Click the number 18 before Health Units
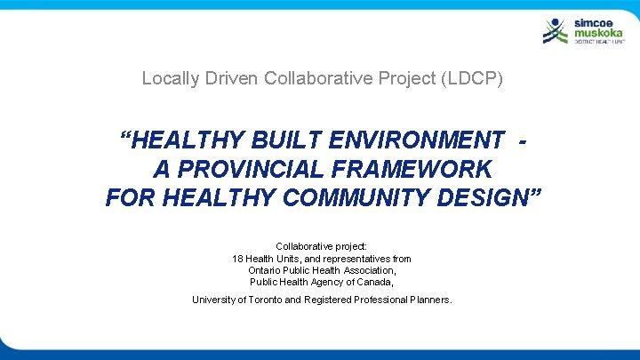(x=237, y=259)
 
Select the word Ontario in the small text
(x=265, y=270)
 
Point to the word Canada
(x=376, y=282)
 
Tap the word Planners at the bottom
(x=430, y=300)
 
